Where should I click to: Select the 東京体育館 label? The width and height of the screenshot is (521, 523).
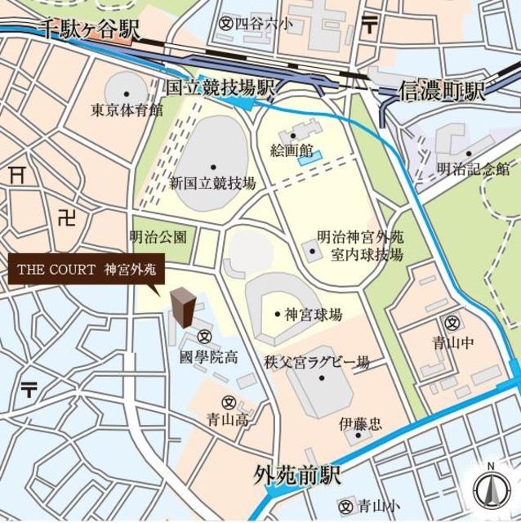pos(127,110)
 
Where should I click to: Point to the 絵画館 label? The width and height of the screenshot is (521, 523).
pos(292,150)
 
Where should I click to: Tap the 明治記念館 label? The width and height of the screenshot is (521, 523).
pos(473,169)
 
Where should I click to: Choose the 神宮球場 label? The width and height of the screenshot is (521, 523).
pos(314,315)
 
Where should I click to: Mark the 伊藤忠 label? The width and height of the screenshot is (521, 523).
pos(360,425)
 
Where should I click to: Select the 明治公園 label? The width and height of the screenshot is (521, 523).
pos(158,237)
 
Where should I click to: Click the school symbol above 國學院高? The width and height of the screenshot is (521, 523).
pos(204,336)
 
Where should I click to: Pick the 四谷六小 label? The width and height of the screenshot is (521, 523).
pos(261,25)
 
